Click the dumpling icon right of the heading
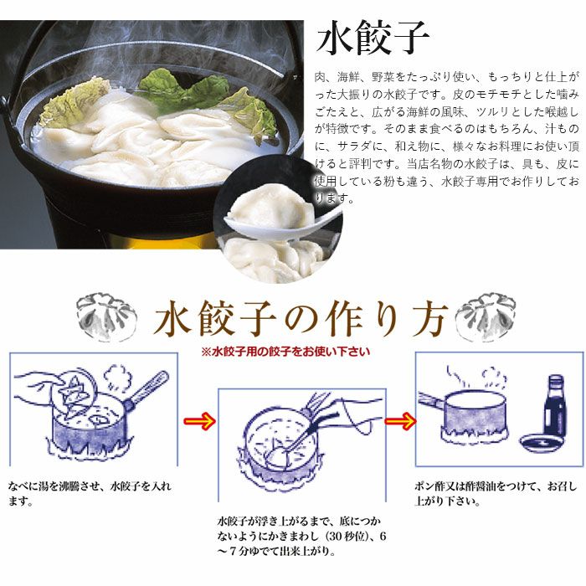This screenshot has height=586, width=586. click(x=486, y=314)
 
